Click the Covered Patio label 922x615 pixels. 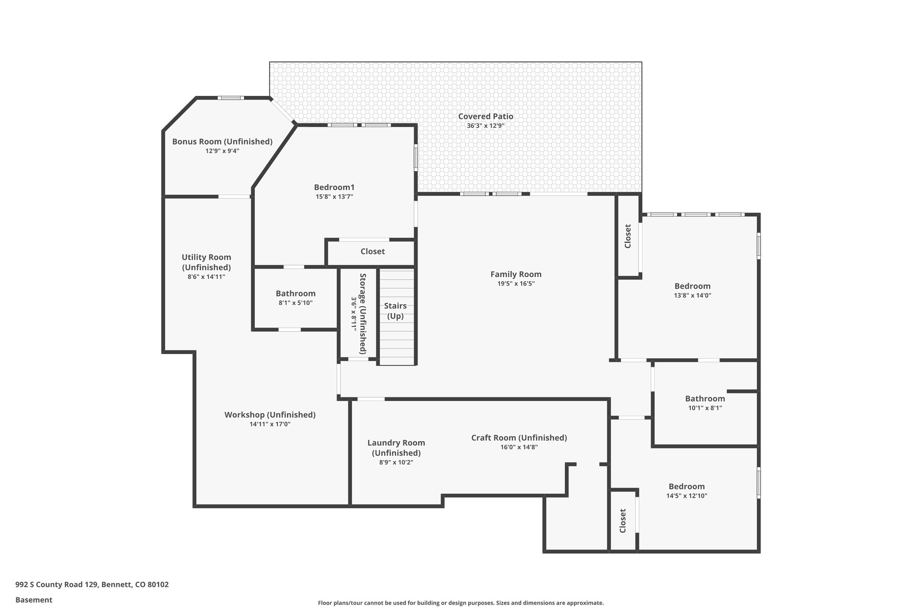(485, 116)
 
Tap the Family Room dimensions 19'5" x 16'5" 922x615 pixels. (515, 284)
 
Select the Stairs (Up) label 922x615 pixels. (395, 311)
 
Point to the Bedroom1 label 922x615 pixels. (334, 187)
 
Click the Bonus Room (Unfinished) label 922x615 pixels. (222, 141)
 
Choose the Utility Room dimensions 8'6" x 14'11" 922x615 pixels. (206, 277)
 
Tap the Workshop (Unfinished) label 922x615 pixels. (270, 415)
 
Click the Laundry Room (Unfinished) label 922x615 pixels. (396, 448)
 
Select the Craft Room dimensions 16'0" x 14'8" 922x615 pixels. (519, 447)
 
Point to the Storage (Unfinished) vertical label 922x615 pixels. (362, 313)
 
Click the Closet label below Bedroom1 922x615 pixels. (372, 251)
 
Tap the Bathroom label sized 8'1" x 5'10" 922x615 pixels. (295, 294)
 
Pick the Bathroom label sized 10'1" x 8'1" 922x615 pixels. (705, 399)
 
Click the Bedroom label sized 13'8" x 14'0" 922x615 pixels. (692, 286)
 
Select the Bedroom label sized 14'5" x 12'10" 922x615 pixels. (686, 487)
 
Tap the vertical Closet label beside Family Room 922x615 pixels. (628, 236)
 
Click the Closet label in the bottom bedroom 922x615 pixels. (623, 520)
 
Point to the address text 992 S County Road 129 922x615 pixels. (92, 585)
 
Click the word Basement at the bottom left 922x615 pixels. (34, 600)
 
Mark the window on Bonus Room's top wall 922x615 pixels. (230, 98)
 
